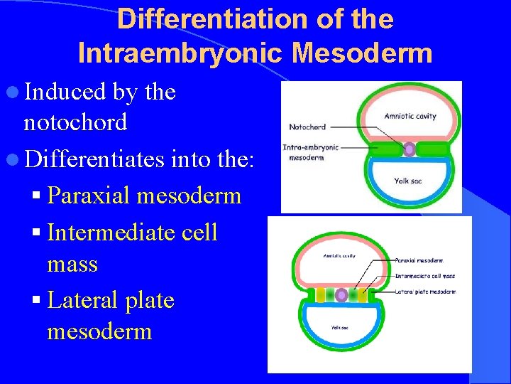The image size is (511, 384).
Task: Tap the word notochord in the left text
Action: (x=75, y=122)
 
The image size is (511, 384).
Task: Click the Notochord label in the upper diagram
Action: (x=307, y=127)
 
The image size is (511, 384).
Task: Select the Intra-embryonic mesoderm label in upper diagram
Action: (x=311, y=152)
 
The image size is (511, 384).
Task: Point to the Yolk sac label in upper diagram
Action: (x=408, y=181)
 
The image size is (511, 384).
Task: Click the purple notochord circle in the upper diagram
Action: (x=409, y=149)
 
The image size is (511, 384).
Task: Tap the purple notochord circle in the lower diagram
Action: (x=342, y=294)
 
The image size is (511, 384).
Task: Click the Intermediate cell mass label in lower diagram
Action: (x=424, y=275)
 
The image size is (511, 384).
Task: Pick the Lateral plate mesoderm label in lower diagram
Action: (x=426, y=292)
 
